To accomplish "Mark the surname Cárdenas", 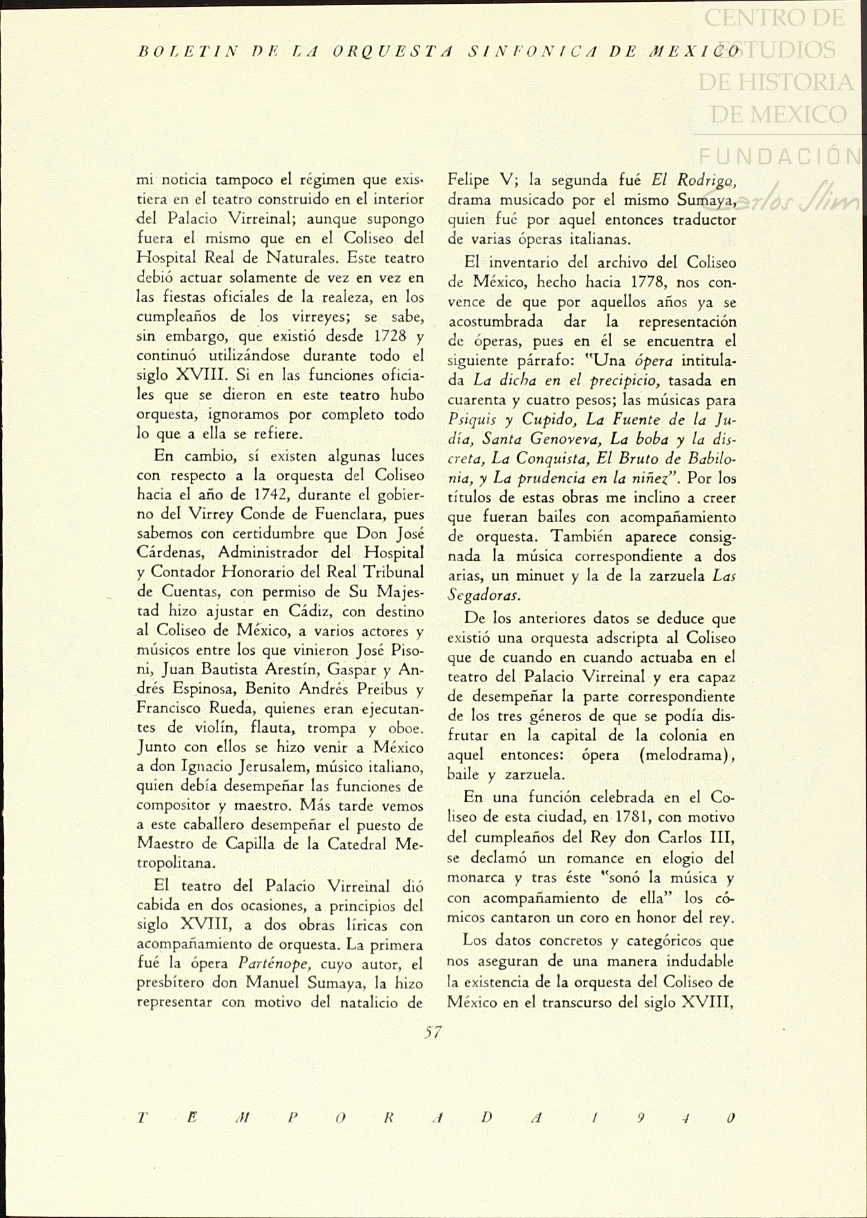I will point(169,553).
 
